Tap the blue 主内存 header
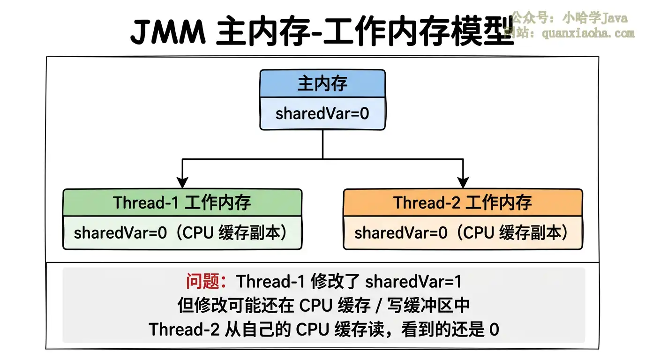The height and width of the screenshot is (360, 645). [322, 84]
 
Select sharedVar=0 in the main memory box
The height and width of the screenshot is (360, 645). [322, 113]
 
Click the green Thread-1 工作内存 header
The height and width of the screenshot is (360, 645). [182, 202]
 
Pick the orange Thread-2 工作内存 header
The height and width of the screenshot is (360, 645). [463, 202]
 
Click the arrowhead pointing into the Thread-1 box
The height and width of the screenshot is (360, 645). [182, 183]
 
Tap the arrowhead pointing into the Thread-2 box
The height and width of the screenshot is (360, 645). [463, 183]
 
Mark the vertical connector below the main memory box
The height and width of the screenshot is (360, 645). [322, 144]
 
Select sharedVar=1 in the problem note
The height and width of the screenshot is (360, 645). [413, 281]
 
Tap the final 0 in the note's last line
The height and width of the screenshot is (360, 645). [494, 330]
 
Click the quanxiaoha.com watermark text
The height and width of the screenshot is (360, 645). [588, 33]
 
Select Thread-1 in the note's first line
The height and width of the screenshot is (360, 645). [271, 281]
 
